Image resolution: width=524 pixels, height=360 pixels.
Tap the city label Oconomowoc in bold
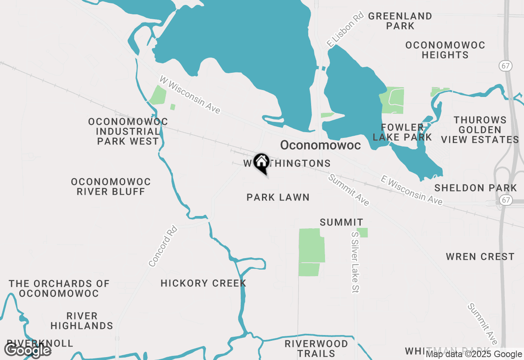[320, 145]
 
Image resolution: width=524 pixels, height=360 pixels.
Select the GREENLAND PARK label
[400, 21]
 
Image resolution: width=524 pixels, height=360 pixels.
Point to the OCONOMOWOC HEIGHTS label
[445, 50]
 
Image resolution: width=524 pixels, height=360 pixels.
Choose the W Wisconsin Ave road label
[190, 94]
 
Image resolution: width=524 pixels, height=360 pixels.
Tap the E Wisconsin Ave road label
[411, 190]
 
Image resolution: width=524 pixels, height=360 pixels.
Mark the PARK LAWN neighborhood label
[278, 198]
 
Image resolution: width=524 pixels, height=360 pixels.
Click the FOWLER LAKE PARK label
[402, 132]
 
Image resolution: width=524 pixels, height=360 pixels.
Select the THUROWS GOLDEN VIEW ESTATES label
[480, 130]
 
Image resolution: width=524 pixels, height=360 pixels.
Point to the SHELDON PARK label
[476, 188]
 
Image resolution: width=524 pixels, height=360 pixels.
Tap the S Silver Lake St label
[355, 262]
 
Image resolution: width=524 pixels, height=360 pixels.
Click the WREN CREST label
[480, 257]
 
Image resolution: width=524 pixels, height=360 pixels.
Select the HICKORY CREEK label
[203, 283]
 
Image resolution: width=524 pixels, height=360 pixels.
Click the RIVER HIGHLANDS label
[82, 321]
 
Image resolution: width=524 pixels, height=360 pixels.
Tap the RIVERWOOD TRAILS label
[316, 349]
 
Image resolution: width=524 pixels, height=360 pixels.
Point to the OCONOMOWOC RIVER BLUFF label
[111, 187]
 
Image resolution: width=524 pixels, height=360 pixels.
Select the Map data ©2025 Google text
[474, 354]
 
